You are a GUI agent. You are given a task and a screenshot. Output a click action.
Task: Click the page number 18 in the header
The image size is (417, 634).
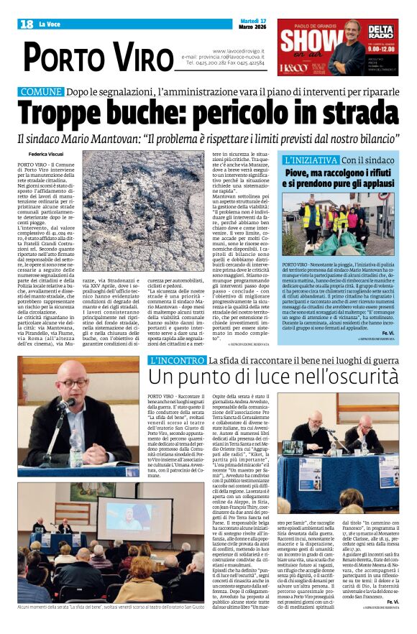(27, 24)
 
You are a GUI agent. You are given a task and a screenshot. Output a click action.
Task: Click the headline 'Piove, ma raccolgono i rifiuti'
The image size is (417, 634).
(348, 173)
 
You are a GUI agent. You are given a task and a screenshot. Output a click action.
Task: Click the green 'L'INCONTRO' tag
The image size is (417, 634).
(175, 360)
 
